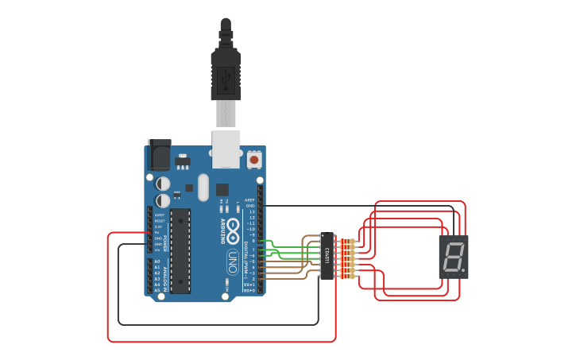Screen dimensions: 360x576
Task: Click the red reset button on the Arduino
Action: [254, 159]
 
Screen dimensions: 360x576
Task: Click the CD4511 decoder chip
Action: [326, 256]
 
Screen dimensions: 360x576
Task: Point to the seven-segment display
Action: [454, 257]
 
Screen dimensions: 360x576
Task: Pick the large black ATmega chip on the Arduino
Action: [181, 250]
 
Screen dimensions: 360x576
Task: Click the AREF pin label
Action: [249, 199]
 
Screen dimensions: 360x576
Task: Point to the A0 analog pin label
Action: [157, 261]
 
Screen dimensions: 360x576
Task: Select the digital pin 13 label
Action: [252, 211]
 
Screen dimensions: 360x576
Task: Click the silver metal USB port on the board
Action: [226, 149]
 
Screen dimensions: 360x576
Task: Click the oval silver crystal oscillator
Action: [203, 188]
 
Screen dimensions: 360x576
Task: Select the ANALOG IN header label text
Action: [164, 276]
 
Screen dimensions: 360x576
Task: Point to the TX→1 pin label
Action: [249, 284]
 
